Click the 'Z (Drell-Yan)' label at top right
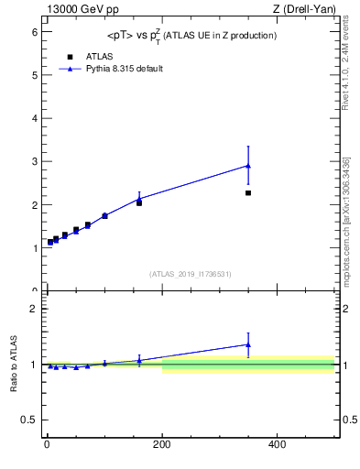tap(306, 9)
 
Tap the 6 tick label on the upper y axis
tap(34, 32)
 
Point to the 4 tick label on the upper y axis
tap(34, 118)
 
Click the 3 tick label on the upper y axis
tap(34, 162)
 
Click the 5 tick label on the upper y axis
tap(34, 75)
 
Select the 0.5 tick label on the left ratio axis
tap(30, 420)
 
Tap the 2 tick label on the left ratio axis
tap(34, 309)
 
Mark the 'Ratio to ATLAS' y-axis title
tap(14, 364)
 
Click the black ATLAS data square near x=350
tap(248, 193)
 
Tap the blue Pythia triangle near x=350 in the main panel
tap(248, 166)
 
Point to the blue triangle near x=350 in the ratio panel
tap(248, 344)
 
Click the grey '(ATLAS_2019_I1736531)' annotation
tap(191, 274)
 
